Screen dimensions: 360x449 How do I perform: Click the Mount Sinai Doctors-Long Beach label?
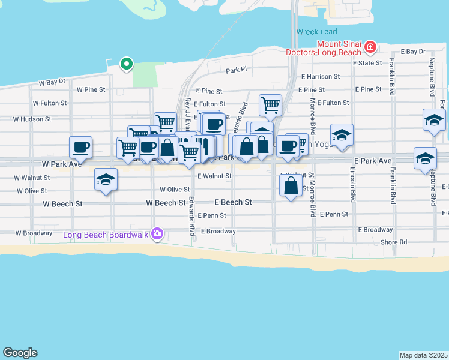(x=340, y=50)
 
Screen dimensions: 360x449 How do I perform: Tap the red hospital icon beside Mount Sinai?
(x=370, y=46)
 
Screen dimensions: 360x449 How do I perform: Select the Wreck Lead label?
(x=316, y=31)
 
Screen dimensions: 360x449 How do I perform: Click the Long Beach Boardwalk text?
(x=106, y=234)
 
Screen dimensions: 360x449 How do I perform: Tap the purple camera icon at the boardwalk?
(x=157, y=234)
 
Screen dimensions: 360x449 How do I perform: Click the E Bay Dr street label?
(x=412, y=52)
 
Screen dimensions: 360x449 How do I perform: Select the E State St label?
(x=367, y=62)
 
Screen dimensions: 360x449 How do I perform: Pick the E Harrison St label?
(x=321, y=77)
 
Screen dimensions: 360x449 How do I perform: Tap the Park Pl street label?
(x=236, y=70)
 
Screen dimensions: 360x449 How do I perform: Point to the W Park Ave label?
(x=62, y=164)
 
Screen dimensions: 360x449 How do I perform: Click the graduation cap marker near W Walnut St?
(x=106, y=180)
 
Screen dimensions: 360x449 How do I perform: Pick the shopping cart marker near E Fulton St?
(x=271, y=105)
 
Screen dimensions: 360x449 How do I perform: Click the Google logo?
(x=20, y=353)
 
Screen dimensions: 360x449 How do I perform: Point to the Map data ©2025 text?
(x=423, y=355)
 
